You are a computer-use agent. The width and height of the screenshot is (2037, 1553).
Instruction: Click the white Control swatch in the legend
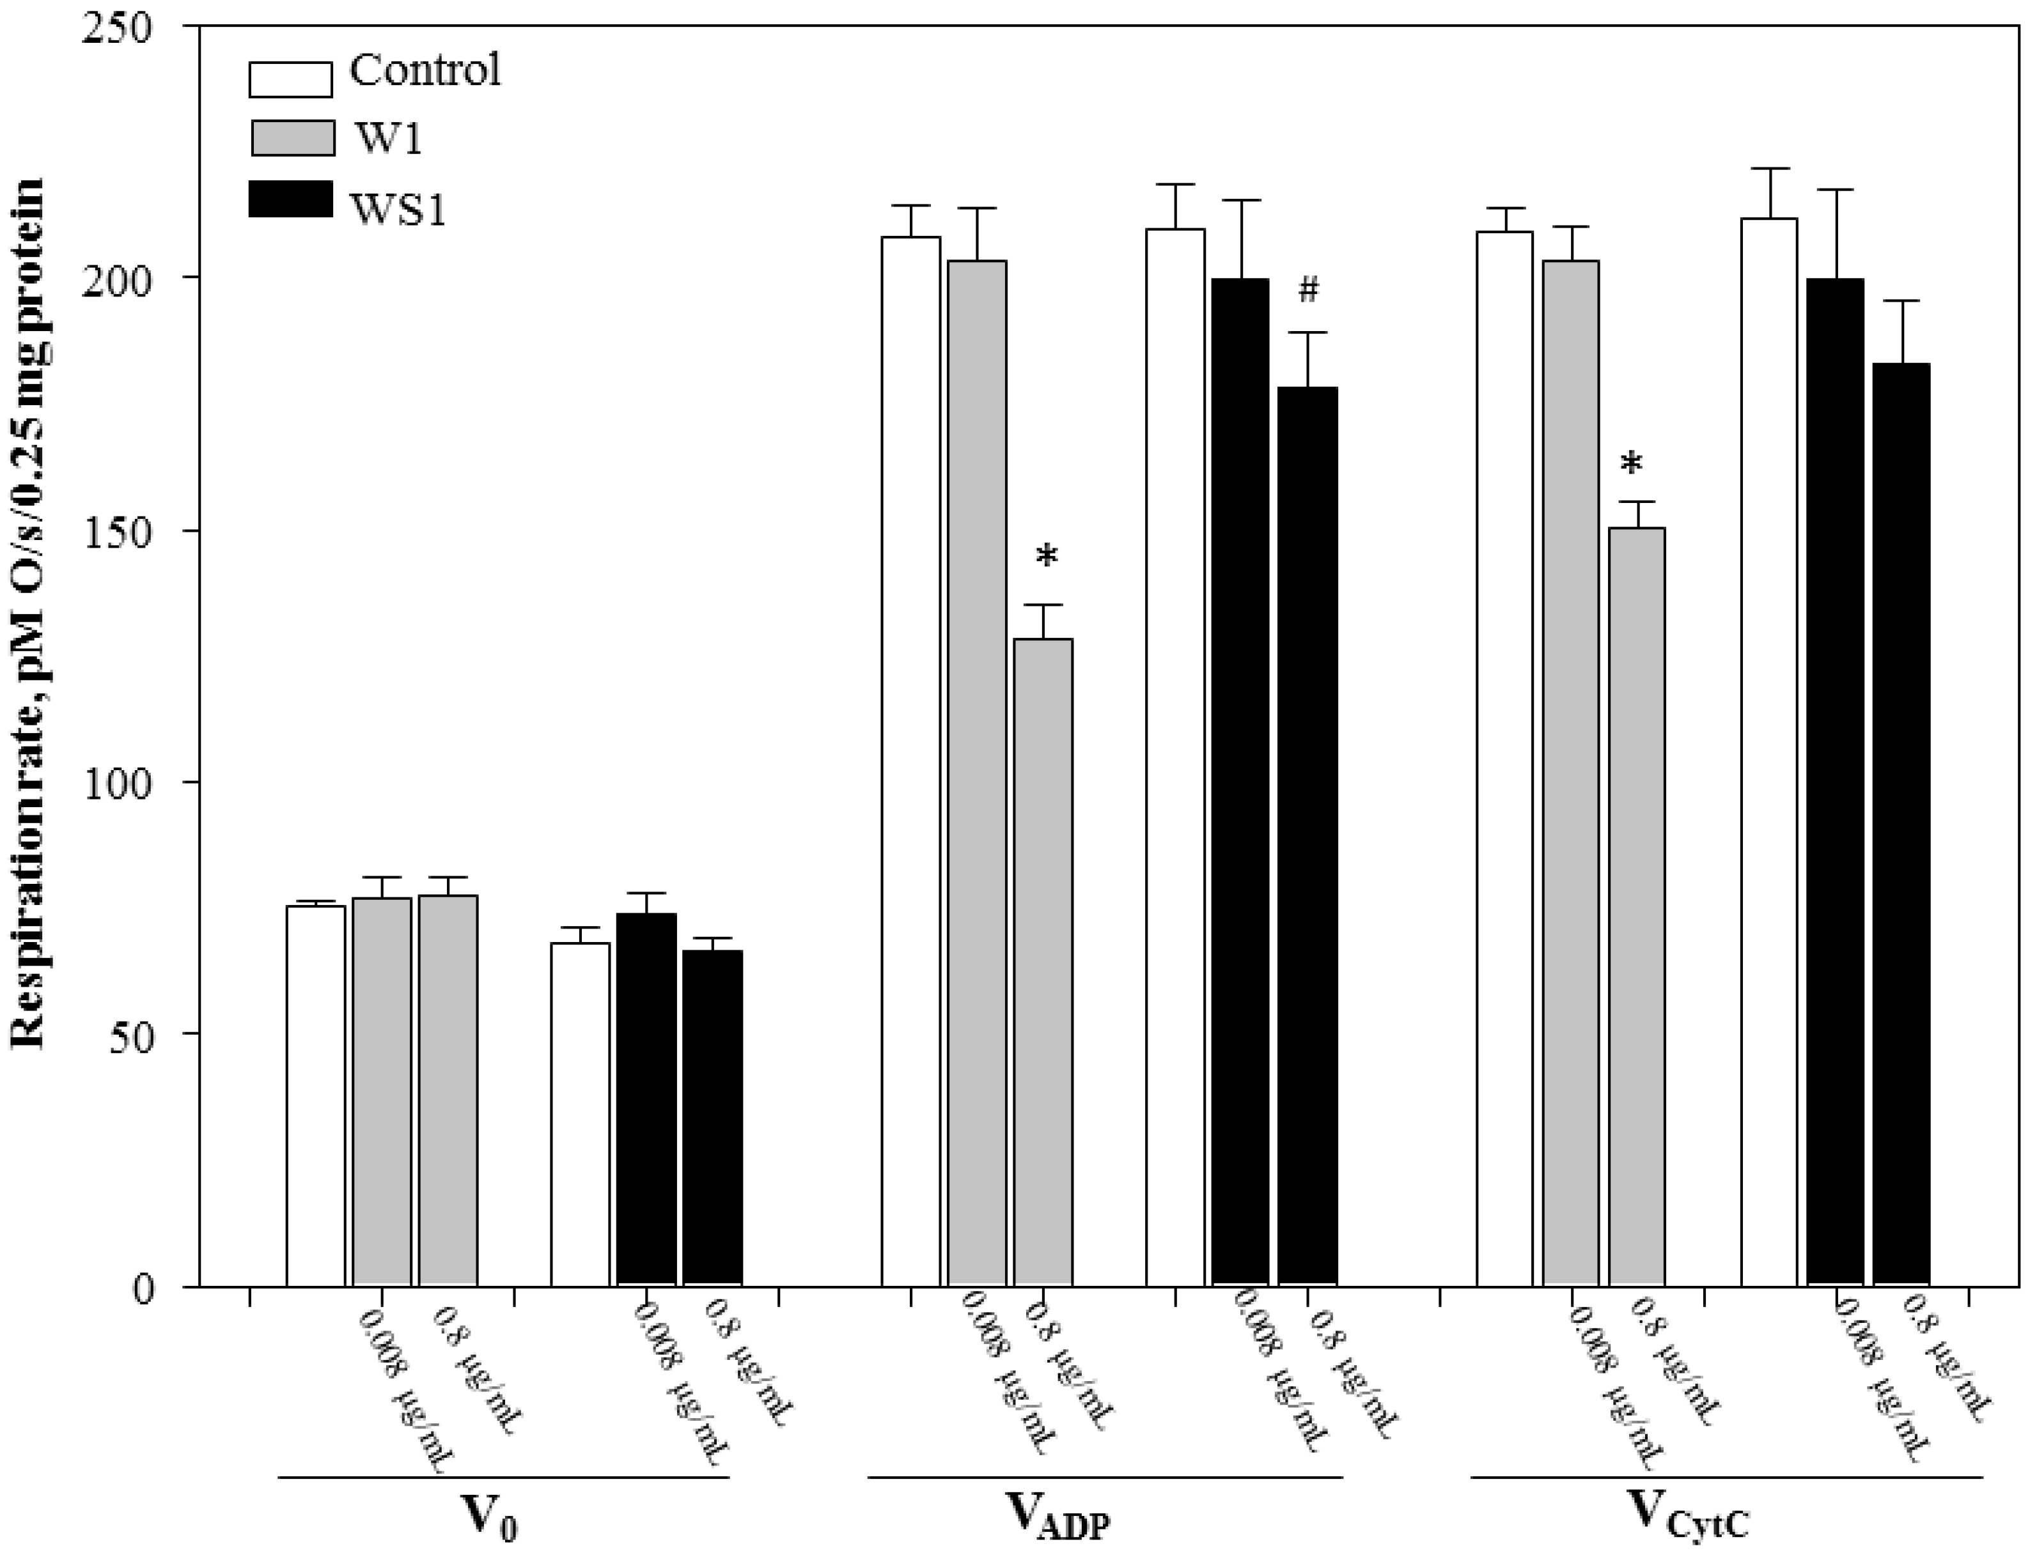point(290,79)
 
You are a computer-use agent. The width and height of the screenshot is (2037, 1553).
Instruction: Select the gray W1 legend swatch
point(290,138)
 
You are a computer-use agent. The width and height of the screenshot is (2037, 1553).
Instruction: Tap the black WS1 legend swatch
point(290,199)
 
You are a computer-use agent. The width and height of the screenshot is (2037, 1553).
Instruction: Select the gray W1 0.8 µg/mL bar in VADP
point(1043,961)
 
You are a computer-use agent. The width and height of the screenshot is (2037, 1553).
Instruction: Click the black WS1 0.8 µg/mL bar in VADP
point(1307,837)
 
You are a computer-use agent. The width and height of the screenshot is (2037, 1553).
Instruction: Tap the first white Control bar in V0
point(315,1095)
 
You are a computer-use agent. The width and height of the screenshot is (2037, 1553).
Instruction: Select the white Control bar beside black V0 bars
point(580,1114)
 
